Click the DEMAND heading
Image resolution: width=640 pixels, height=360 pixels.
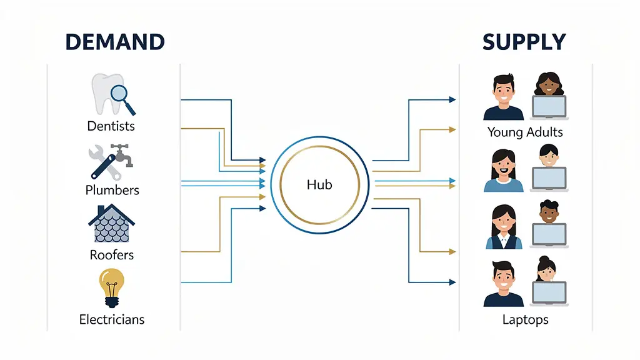114,42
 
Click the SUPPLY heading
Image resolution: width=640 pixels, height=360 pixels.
524,42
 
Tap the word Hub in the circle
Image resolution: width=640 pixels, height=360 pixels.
319,184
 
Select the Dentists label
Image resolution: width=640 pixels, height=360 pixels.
111,126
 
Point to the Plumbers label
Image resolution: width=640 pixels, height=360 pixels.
112,190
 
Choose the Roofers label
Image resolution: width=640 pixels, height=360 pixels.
111,255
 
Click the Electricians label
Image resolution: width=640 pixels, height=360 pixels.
112,319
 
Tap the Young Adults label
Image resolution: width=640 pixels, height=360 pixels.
525,132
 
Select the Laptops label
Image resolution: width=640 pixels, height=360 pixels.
525,320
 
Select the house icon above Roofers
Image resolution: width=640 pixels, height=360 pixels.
111,223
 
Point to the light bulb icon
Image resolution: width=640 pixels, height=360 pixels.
111,287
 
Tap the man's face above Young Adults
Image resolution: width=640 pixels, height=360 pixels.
503,91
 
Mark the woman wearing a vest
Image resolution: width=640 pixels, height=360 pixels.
503,226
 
